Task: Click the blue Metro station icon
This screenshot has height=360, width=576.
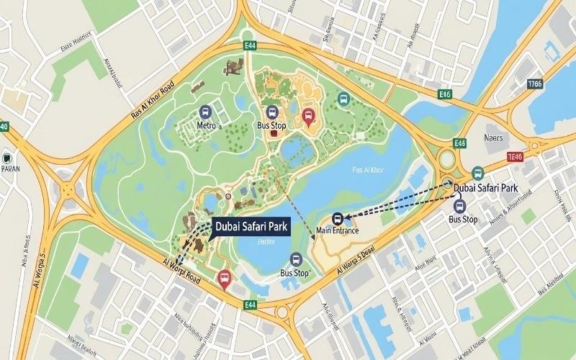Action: (206, 112)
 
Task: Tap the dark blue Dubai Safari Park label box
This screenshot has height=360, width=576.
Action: (251, 228)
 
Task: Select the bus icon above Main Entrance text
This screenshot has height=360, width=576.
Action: (338, 218)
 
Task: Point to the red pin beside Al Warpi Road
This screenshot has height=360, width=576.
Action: (225, 279)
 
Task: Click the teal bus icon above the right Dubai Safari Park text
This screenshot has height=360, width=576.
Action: (477, 173)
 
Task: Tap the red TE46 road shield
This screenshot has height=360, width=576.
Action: (515, 156)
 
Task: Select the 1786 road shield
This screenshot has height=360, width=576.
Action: (535, 84)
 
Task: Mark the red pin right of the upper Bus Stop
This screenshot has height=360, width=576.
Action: (309, 117)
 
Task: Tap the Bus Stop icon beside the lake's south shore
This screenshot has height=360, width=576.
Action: (295, 260)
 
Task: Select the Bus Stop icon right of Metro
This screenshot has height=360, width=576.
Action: (272, 112)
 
